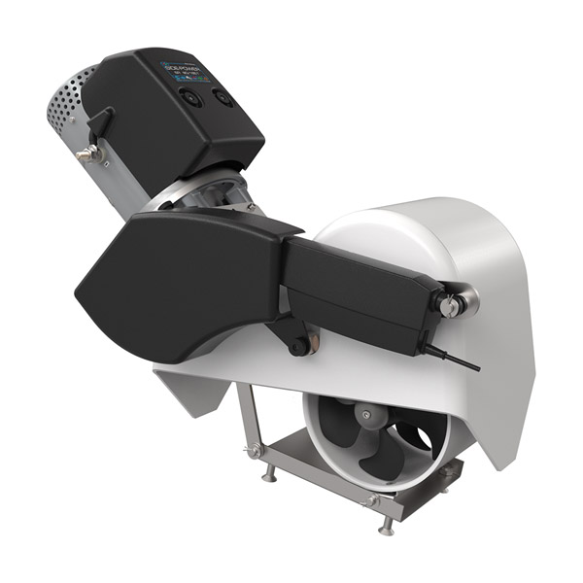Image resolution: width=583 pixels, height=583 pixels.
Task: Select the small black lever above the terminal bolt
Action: coord(101,122)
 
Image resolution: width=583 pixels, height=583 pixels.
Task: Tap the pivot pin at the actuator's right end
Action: coord(450,306)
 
